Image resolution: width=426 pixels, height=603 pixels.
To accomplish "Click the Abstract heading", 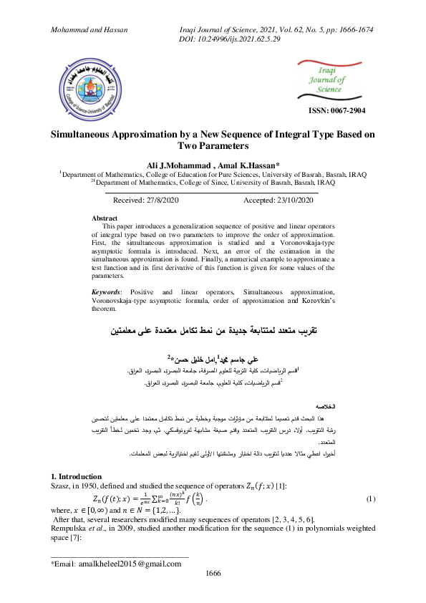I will click(105, 217).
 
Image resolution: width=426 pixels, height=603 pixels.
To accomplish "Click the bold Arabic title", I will click(213, 332).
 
